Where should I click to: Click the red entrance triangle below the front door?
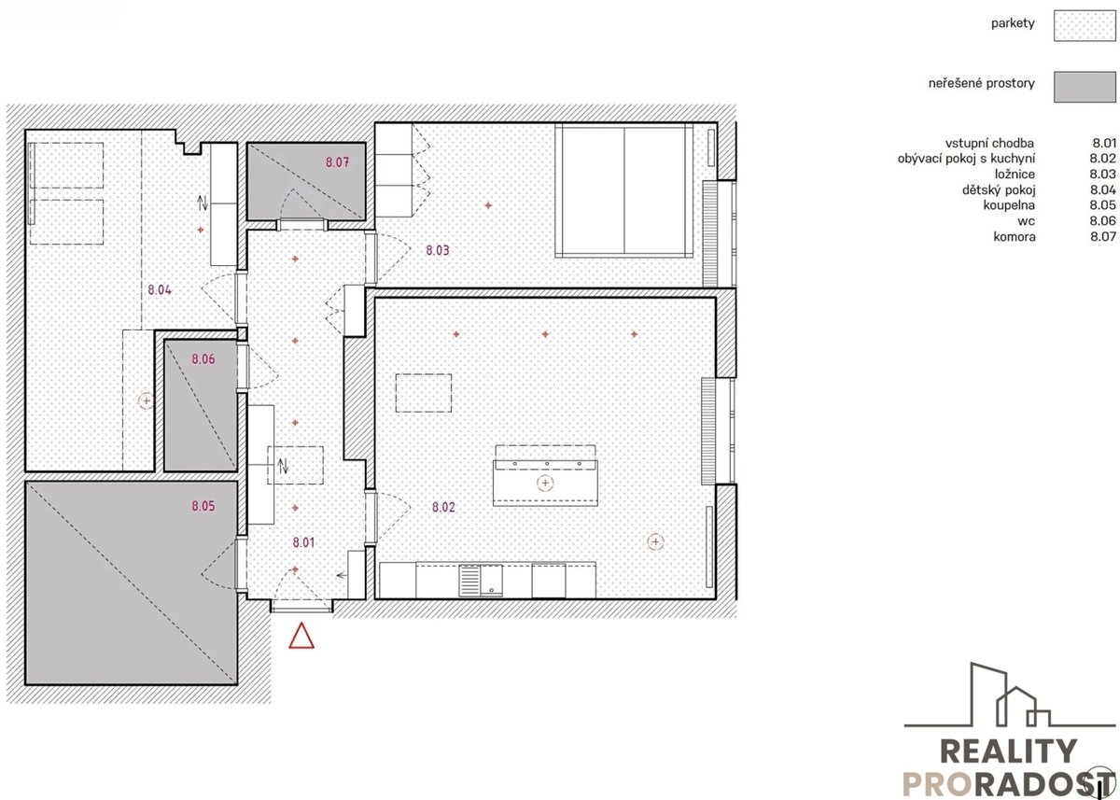pyautogui.click(x=301, y=636)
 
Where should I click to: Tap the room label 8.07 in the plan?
pyautogui.click(x=338, y=162)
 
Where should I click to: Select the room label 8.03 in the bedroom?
pyautogui.click(x=438, y=250)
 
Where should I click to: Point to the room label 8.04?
pyautogui.click(x=160, y=289)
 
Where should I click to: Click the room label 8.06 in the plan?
pyautogui.click(x=203, y=359)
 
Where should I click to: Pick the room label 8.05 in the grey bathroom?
pyautogui.click(x=203, y=506)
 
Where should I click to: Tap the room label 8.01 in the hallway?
pyautogui.click(x=303, y=542)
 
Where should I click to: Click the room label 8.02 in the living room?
pyautogui.click(x=443, y=507)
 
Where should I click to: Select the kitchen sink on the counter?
pyautogui.click(x=481, y=581)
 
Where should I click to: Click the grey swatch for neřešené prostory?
pyautogui.click(x=1085, y=87)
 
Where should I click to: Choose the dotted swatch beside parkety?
pyautogui.click(x=1085, y=25)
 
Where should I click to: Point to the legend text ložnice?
pyautogui.click(x=1015, y=175)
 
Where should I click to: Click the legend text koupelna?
pyautogui.click(x=1009, y=205)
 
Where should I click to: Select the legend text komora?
pyautogui.click(x=1015, y=236)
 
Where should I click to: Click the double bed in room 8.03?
pyautogui.click(x=624, y=190)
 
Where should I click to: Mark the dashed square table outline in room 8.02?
pyautogui.click(x=424, y=393)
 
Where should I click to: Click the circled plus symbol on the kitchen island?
pyautogui.click(x=545, y=483)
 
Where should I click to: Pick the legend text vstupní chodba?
pyautogui.click(x=989, y=144)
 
